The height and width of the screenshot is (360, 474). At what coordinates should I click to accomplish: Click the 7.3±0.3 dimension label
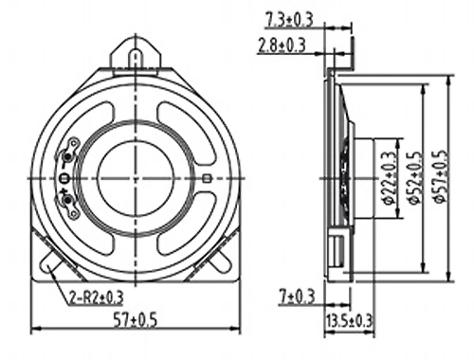[289, 20]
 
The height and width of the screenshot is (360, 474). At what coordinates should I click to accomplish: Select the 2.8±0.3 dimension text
[282, 45]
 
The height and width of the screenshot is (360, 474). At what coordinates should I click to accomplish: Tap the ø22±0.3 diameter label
[390, 178]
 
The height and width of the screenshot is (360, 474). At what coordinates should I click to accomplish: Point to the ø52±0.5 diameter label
[414, 177]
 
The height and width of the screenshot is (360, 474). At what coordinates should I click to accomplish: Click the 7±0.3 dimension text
[297, 297]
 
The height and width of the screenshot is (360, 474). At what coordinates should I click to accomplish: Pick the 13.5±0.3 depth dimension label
[349, 321]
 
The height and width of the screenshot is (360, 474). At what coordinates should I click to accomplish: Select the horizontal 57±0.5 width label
[135, 320]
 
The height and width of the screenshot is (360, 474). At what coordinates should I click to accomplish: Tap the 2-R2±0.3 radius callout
[96, 297]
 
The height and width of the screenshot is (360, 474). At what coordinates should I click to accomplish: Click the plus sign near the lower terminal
[64, 191]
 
